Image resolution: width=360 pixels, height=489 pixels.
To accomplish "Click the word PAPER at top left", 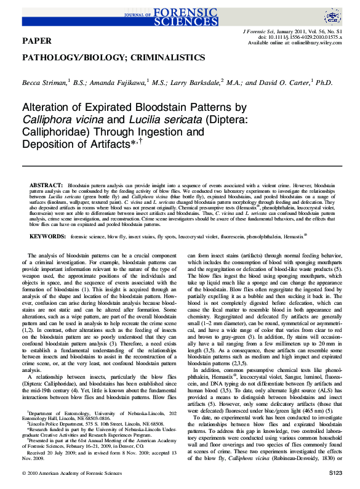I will (x=36, y=41).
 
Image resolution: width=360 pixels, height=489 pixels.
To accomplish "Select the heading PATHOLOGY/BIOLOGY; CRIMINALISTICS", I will (x=114, y=57).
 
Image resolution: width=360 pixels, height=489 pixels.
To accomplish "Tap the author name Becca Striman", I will (x=44, y=82).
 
